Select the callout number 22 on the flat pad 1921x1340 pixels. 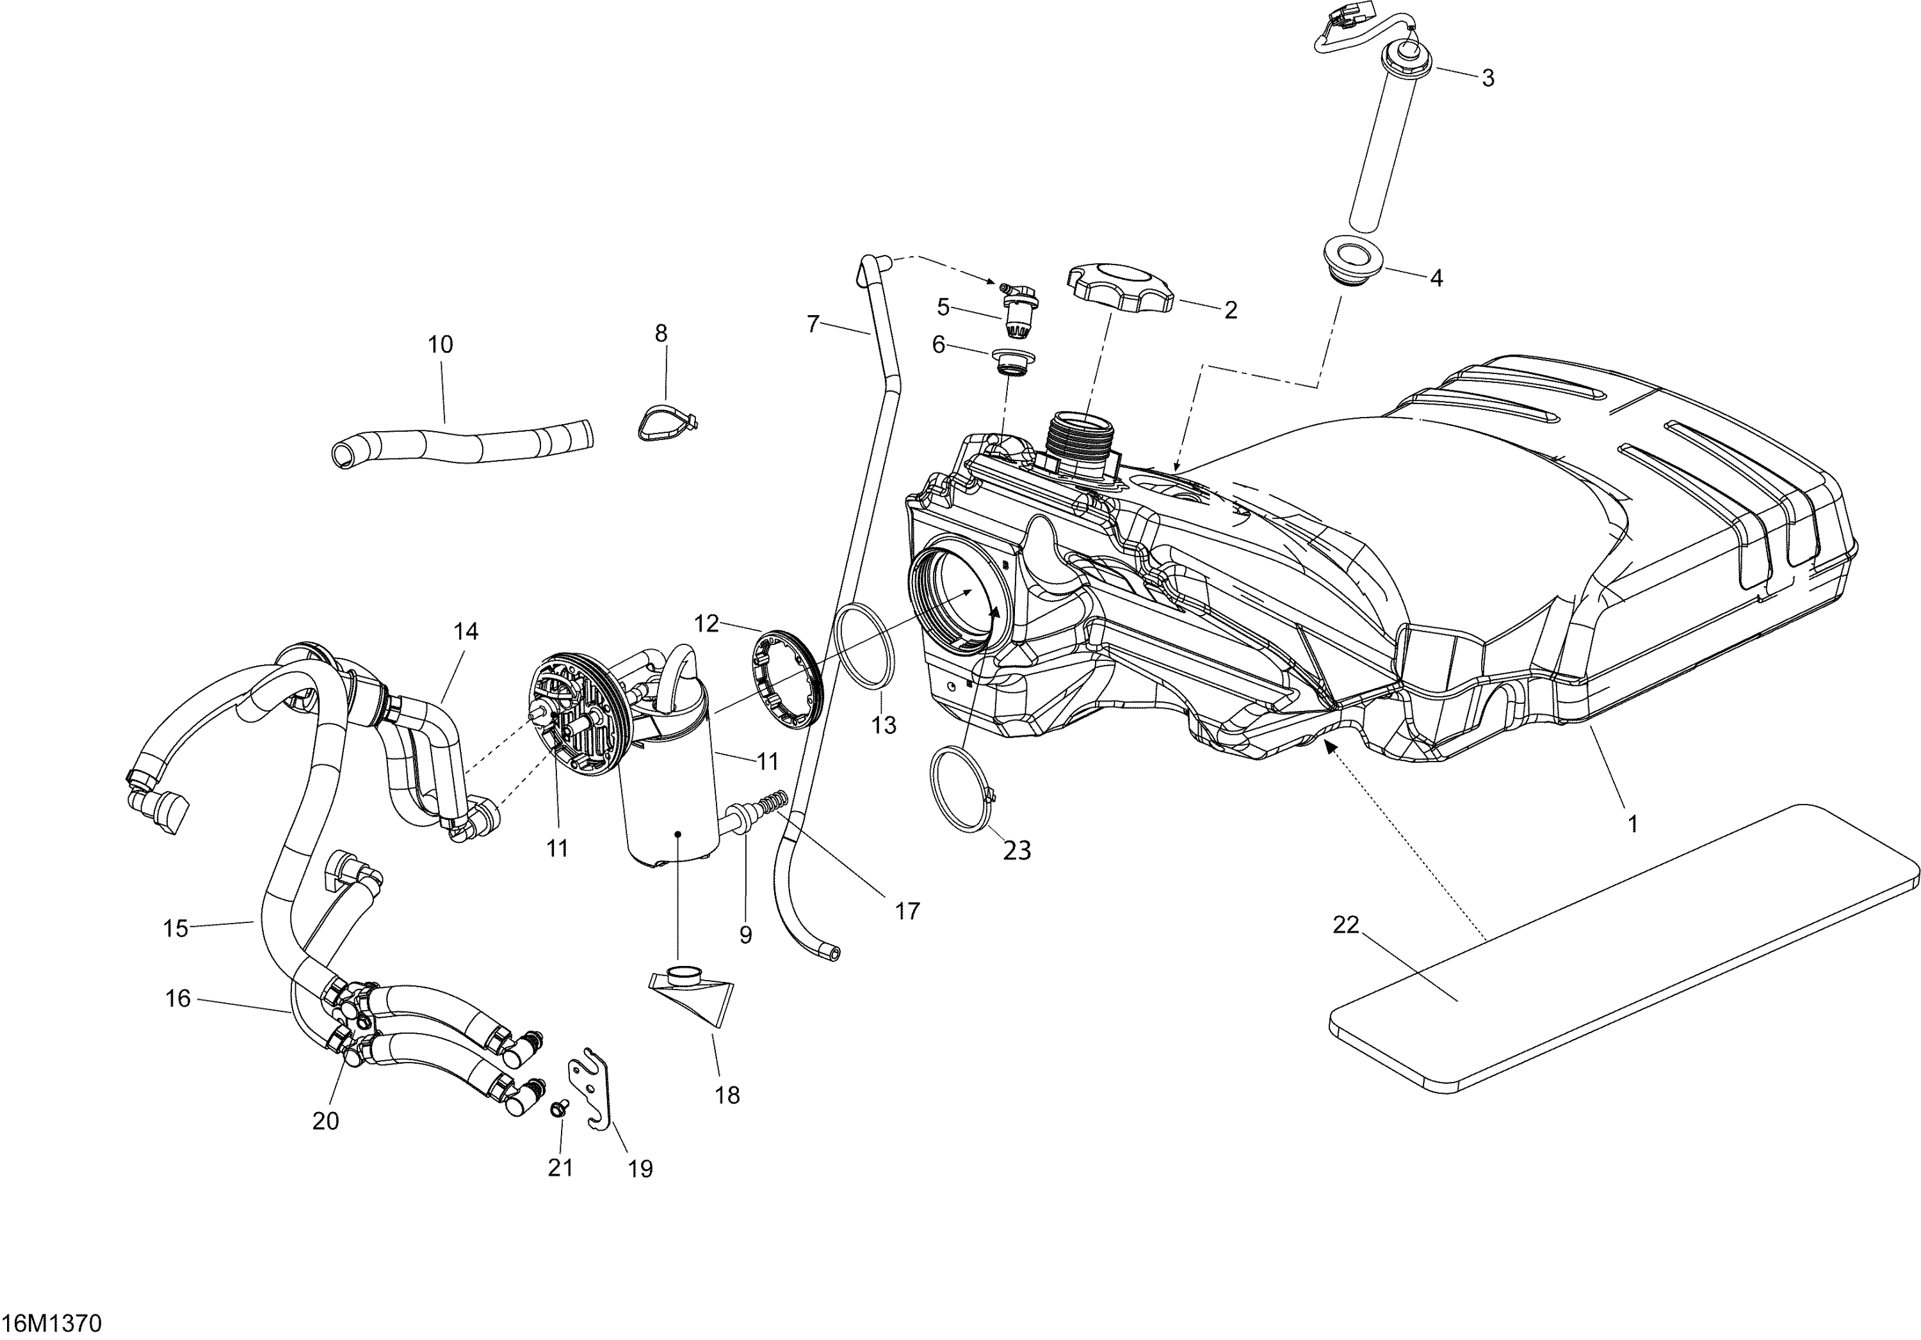(1345, 925)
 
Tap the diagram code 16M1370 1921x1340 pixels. (52, 1323)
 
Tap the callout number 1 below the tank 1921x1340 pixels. (1632, 824)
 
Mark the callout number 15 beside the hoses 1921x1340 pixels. (175, 928)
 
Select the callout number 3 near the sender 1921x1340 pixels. (1487, 78)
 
